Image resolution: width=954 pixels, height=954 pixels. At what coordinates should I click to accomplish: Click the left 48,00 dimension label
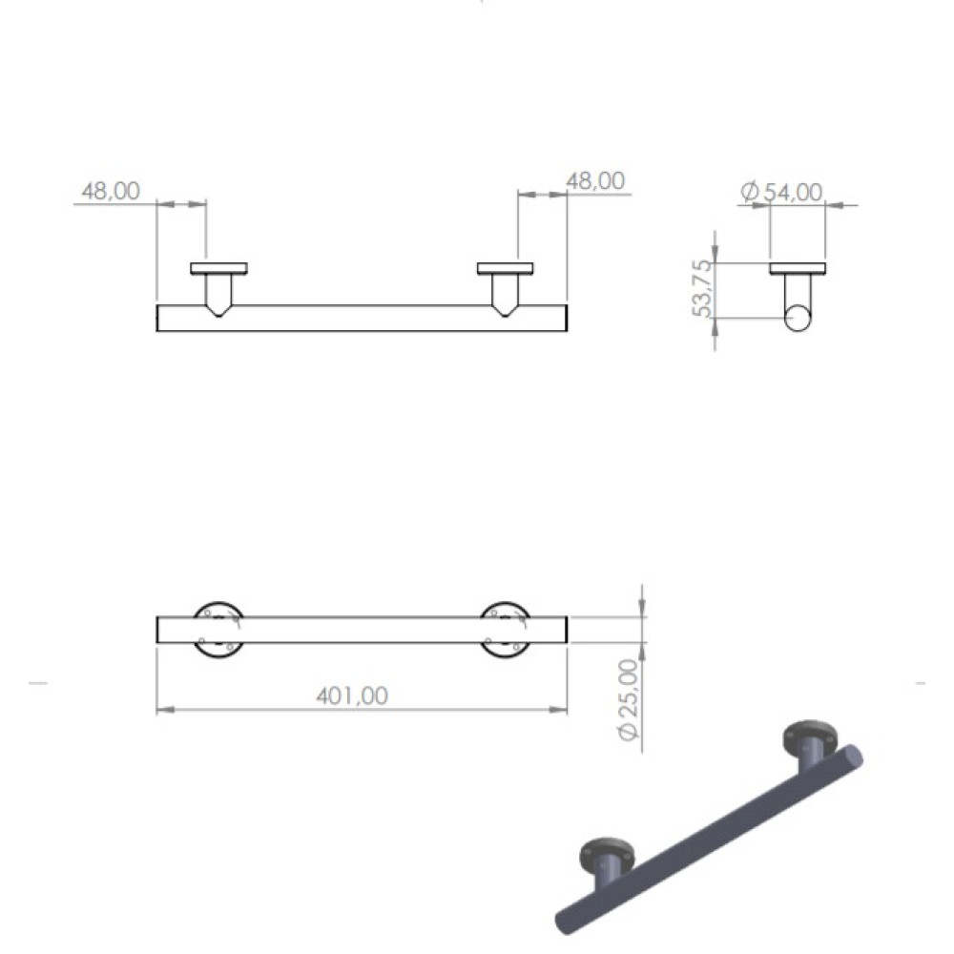click(x=111, y=191)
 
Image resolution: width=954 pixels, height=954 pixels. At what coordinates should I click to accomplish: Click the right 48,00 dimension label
click(x=595, y=180)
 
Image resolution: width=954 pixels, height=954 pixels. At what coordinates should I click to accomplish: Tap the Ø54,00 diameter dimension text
click(x=781, y=192)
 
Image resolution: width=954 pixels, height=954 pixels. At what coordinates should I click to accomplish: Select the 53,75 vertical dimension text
click(x=701, y=288)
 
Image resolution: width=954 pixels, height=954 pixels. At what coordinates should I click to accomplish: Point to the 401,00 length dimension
click(x=352, y=695)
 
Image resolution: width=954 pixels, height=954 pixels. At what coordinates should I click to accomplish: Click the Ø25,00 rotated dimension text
click(x=629, y=699)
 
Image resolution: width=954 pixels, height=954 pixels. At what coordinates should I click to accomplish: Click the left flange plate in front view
click(x=219, y=269)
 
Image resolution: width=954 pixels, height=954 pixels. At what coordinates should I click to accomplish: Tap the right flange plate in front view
click(x=506, y=269)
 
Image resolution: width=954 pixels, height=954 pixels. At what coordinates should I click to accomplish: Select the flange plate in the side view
click(x=798, y=269)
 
